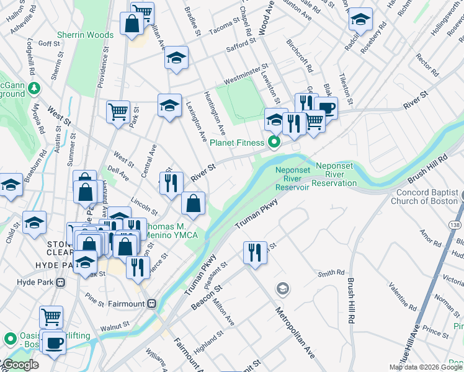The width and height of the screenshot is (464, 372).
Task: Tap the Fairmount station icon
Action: tap(151, 304)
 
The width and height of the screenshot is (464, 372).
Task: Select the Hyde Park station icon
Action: tap(60, 282)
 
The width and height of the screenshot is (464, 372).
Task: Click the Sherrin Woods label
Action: tap(85, 35)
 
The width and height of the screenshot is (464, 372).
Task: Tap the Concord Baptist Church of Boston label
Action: tap(427, 197)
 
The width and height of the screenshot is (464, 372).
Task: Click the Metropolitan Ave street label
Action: tap(295, 332)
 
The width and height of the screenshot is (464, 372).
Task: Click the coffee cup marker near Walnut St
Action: tap(54, 342)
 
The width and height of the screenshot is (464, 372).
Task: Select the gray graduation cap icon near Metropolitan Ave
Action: tap(283, 288)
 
